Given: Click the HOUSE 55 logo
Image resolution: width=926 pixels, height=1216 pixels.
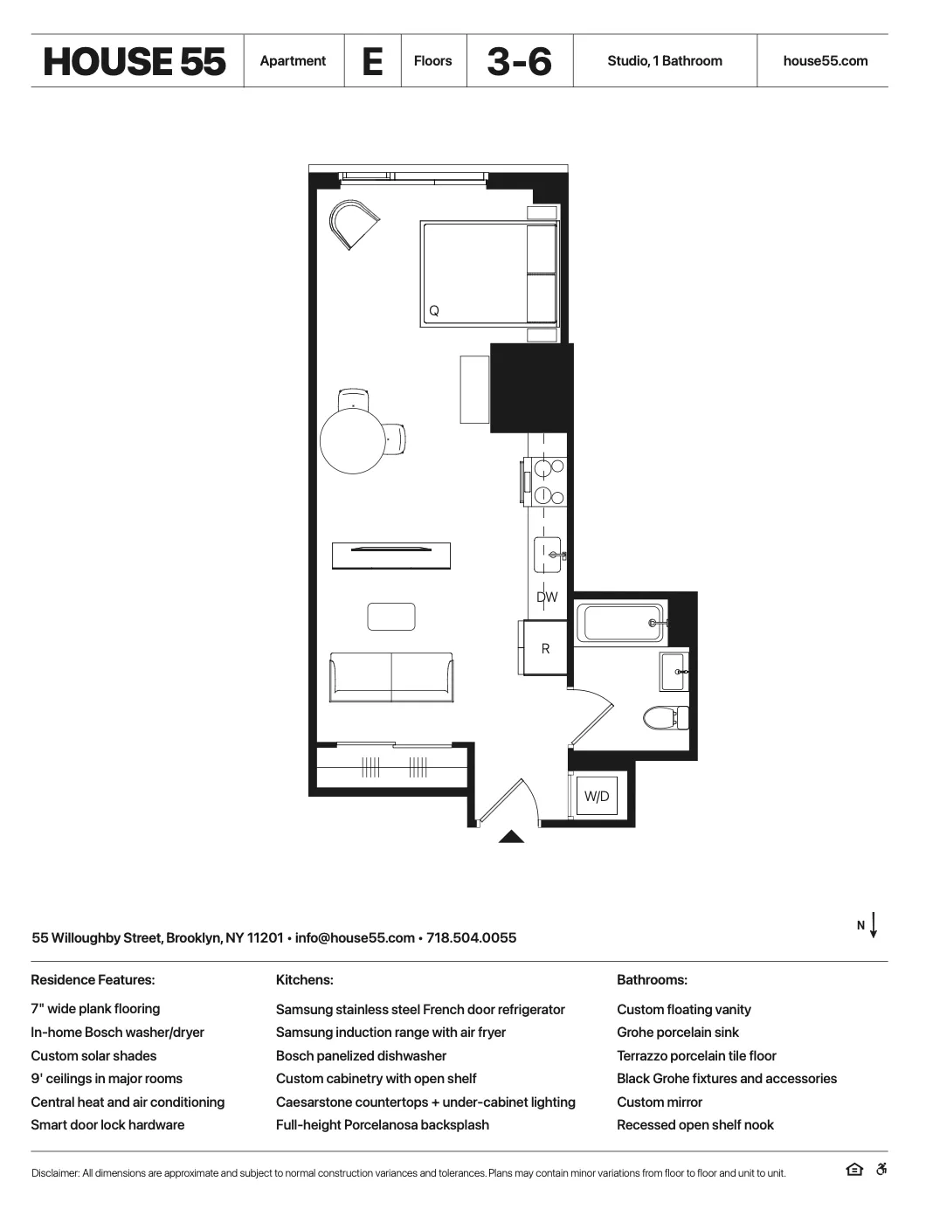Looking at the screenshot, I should [135, 61].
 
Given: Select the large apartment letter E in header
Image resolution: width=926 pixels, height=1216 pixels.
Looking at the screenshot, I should [372, 61].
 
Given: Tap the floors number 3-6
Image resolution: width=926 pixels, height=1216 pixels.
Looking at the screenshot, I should [520, 61].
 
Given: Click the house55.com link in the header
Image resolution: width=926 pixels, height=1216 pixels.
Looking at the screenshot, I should [825, 61].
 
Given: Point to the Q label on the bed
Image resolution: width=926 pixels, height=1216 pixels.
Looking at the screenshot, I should [433, 311].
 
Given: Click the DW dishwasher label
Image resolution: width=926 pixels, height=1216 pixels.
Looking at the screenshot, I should [547, 598].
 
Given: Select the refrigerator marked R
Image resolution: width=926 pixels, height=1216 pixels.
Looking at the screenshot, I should [545, 648].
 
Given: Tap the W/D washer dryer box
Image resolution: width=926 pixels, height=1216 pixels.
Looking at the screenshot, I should [597, 796].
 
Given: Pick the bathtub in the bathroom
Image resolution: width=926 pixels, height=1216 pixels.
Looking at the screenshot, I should [620, 623].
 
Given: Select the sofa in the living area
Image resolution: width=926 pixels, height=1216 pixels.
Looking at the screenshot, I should [390, 677].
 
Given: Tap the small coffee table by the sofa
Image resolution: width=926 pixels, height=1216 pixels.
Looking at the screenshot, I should [390, 617].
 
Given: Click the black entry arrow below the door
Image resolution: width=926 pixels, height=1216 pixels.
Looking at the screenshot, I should [511, 837].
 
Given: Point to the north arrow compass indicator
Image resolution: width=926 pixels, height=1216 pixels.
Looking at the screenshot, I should [873, 925].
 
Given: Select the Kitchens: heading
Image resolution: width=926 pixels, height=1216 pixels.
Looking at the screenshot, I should [304, 980].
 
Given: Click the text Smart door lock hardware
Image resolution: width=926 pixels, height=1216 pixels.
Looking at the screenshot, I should [107, 1125].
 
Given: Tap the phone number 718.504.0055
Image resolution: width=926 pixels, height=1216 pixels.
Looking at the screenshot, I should [471, 938].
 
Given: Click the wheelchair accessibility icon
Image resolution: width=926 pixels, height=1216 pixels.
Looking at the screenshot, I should [881, 1170].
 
